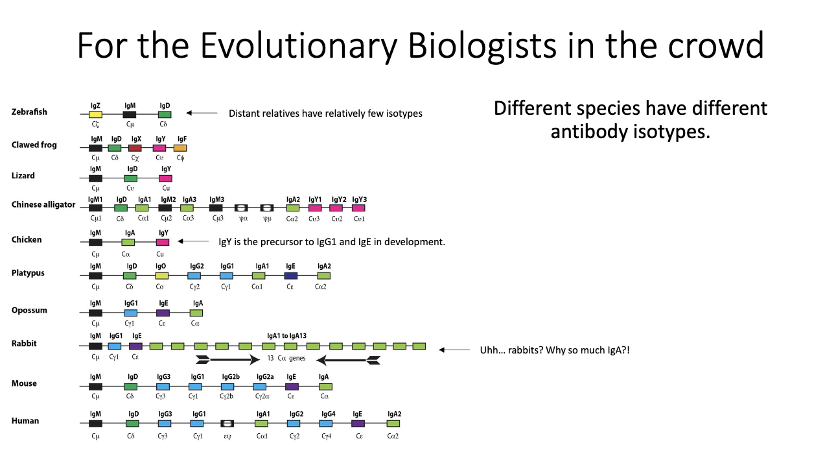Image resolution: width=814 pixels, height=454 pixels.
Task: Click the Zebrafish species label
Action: (x=29, y=112)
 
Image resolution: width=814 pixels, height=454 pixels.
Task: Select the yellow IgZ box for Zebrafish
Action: (x=95, y=115)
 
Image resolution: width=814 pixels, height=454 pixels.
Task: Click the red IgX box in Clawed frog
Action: (x=135, y=148)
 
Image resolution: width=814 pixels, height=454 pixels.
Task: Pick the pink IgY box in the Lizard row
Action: (x=165, y=178)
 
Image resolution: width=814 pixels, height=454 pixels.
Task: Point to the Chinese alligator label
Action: (x=43, y=205)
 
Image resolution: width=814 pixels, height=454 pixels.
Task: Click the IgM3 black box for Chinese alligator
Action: (x=216, y=208)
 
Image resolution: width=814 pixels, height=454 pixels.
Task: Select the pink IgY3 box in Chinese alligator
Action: (x=358, y=208)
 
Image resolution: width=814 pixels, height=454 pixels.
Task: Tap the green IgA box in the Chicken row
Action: (x=128, y=242)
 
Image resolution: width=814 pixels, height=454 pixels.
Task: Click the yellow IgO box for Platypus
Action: (x=161, y=276)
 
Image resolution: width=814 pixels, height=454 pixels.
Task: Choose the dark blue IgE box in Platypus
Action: (x=291, y=276)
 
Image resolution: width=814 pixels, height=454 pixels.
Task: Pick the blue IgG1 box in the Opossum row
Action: (x=131, y=313)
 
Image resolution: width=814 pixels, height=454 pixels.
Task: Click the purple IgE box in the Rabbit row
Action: (x=135, y=346)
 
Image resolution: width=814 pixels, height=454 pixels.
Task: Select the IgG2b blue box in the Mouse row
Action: (x=227, y=387)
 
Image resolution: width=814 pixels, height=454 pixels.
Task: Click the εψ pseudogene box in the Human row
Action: (x=227, y=424)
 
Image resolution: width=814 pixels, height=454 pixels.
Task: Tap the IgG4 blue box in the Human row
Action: (x=326, y=424)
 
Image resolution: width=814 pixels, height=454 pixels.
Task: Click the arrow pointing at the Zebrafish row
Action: (x=202, y=113)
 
